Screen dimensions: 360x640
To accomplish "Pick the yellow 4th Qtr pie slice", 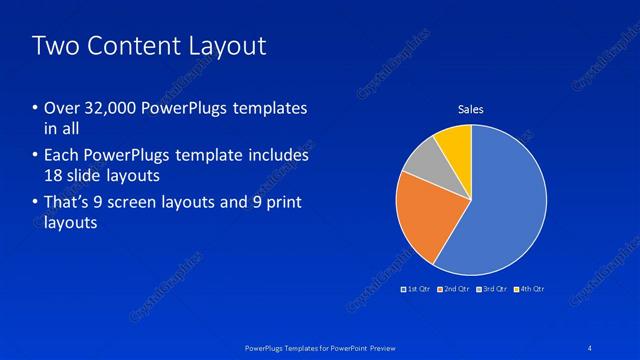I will point(455,143).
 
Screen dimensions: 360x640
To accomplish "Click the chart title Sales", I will point(471,109).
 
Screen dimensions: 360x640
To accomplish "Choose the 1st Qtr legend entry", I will point(416,289).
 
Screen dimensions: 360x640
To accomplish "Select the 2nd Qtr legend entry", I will point(454,289).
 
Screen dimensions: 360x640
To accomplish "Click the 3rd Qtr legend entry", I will point(492,289).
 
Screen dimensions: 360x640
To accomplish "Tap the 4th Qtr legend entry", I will point(530,289).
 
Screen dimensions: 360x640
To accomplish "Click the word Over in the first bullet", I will point(61,107).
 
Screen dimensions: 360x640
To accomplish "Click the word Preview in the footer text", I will point(379,346).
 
